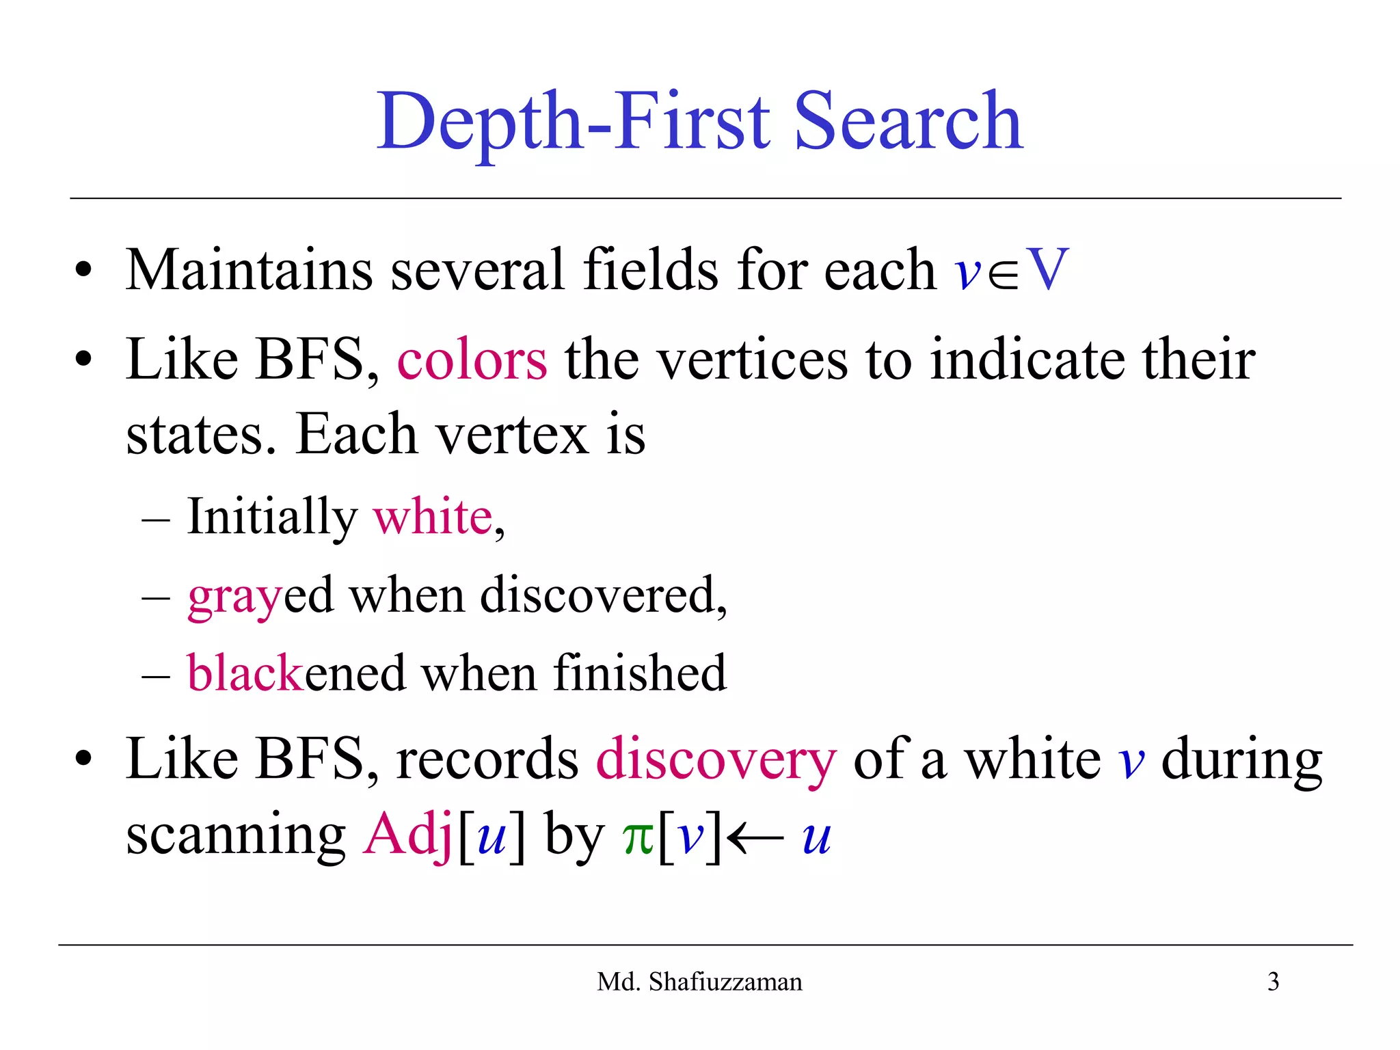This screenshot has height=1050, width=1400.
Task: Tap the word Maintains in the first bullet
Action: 249,269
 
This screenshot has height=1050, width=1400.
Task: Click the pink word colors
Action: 472,360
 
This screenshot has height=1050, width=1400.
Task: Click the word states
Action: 202,435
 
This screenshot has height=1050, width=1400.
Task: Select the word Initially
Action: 272,517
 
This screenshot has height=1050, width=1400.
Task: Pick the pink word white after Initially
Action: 433,517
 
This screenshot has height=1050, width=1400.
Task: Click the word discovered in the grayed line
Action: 602,595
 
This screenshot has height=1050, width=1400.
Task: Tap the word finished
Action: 640,673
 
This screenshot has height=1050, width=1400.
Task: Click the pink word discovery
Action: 716,760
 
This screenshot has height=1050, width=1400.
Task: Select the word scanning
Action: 236,835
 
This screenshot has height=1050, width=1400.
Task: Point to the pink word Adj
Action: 408,835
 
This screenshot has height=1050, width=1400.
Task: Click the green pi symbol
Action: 638,838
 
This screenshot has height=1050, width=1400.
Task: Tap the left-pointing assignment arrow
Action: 755,838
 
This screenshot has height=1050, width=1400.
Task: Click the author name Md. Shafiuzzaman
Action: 699,982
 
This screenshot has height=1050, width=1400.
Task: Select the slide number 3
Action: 1273,982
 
